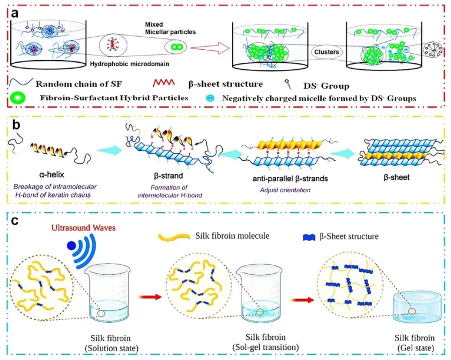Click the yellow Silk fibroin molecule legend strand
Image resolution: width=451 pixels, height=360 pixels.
(x=174, y=236)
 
